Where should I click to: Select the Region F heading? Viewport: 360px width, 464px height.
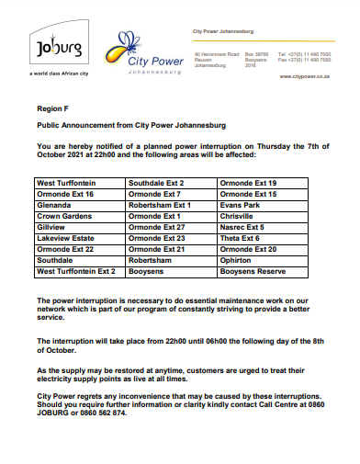pos(51,108)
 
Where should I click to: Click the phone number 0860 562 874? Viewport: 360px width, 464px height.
pos(116,413)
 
